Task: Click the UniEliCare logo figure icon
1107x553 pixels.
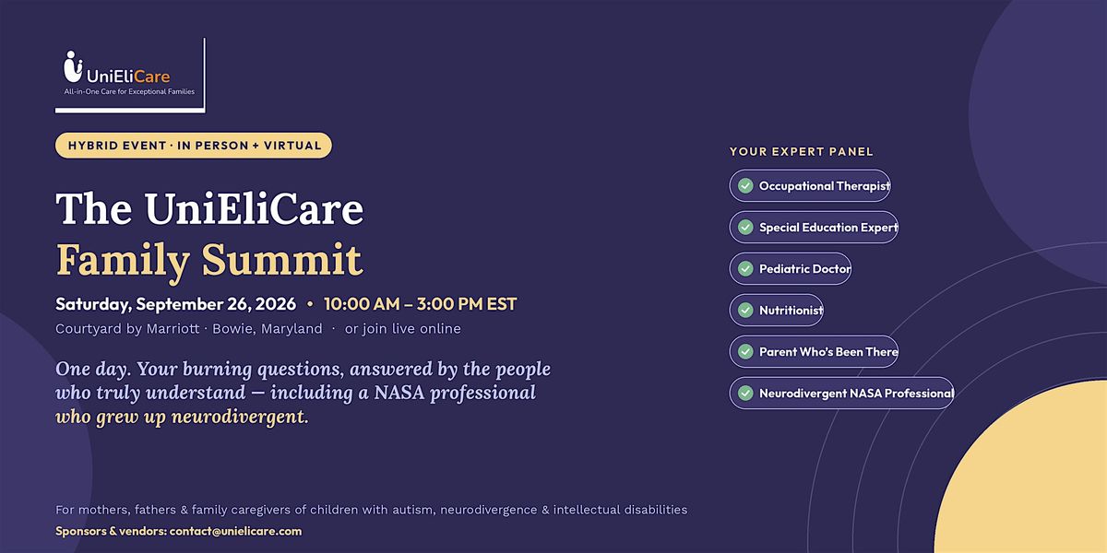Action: point(73,66)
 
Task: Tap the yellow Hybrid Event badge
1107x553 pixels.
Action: point(193,146)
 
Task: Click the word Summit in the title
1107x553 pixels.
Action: point(282,259)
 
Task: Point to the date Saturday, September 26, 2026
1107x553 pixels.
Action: point(175,303)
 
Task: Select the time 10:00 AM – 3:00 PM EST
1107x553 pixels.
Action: point(420,303)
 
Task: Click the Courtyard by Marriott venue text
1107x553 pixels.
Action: point(127,329)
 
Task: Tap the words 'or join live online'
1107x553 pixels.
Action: point(403,329)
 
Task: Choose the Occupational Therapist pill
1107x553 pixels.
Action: point(810,185)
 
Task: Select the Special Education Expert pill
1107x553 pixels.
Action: point(814,227)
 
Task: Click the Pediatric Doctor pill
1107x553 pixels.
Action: point(791,268)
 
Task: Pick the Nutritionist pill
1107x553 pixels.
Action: point(777,310)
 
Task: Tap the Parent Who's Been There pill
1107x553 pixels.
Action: point(814,351)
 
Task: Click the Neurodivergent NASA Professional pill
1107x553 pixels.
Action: point(841,393)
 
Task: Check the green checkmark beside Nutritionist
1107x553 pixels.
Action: point(745,310)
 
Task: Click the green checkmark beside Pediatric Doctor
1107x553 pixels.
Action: point(745,268)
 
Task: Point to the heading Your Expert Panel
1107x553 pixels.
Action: point(801,151)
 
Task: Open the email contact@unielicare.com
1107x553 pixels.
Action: point(235,531)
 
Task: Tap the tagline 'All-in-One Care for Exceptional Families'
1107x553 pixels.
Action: point(129,92)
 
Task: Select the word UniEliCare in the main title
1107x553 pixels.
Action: point(254,208)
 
